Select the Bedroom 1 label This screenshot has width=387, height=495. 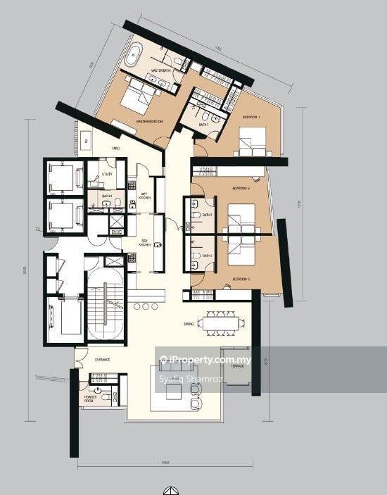[252, 116]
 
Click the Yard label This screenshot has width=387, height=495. [116, 149]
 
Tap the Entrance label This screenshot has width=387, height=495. [103, 359]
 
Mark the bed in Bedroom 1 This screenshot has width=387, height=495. [251, 141]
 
